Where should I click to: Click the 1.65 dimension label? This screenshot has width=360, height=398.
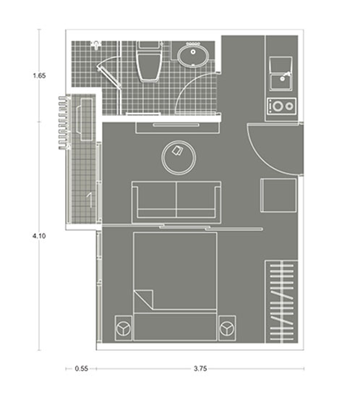tap(39, 76)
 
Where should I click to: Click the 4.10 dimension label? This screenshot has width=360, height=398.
tap(39, 236)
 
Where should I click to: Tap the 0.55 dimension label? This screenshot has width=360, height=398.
tap(82, 368)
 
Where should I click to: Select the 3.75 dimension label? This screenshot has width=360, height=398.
tap(200, 368)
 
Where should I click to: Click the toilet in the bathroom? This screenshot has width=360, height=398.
tap(149, 62)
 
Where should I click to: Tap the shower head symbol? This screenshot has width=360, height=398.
tap(96, 45)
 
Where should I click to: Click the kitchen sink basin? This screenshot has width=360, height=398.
tap(281, 81)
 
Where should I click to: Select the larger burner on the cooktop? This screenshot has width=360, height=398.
tap(278, 106)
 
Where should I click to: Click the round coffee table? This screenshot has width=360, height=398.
tap(179, 158)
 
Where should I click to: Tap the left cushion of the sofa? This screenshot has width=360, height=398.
tap(156, 200)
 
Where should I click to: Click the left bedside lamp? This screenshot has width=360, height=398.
tap(123, 329)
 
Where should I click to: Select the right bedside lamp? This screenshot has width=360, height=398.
tap(227, 329)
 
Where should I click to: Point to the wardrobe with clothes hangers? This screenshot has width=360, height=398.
tap(281, 302)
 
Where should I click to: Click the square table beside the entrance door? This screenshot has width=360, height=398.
tap(278, 195)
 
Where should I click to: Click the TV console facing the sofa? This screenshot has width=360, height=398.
tap(177, 127)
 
